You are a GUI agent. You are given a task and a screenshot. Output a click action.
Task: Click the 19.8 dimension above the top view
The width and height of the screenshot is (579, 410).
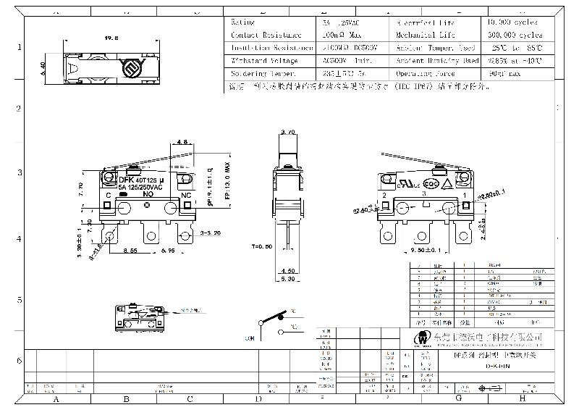(x=111, y=38)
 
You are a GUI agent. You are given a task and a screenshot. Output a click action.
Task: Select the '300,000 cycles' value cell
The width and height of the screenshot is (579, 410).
(x=516, y=35)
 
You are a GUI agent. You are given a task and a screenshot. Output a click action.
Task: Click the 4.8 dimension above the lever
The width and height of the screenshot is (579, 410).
(x=182, y=143)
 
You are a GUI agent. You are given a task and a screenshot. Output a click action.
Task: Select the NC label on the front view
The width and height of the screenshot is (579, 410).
(x=185, y=195)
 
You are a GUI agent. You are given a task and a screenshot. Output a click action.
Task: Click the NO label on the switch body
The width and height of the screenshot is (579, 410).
(x=148, y=194)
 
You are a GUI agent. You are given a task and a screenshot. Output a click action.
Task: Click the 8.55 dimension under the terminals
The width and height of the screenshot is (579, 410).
(x=131, y=251)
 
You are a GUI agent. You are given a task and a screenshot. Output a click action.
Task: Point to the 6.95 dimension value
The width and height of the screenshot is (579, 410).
(x=169, y=251)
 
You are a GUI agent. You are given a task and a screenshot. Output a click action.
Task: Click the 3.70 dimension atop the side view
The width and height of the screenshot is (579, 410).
(x=287, y=133)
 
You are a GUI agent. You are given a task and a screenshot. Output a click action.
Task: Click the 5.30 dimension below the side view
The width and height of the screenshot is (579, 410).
(x=287, y=278)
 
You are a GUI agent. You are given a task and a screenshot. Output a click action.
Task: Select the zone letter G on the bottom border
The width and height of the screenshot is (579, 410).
(x=458, y=398)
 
